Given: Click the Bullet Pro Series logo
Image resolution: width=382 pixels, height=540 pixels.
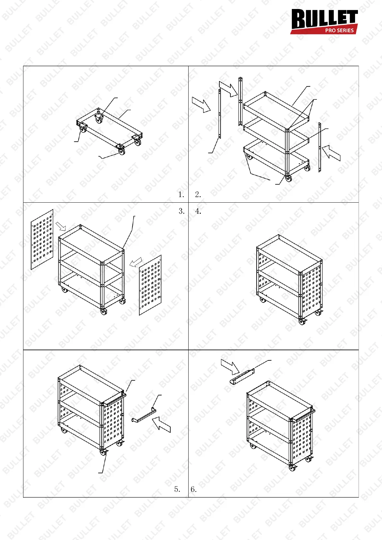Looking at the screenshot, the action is point(324,21).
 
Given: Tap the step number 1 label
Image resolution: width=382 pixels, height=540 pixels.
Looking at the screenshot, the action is point(181,194).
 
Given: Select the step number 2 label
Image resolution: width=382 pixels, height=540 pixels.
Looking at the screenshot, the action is point(198,194).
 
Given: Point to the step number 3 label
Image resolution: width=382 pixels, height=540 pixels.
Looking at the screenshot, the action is point(182,211).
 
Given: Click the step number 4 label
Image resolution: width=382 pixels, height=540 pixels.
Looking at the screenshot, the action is point(198,211).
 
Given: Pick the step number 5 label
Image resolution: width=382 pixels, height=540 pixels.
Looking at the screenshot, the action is point(177,489).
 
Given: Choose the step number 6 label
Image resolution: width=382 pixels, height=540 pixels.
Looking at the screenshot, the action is point(193,489).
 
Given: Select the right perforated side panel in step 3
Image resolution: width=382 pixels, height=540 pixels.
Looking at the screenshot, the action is point(150,285).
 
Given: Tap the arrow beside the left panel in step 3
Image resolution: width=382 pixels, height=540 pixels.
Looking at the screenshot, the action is point(61,226).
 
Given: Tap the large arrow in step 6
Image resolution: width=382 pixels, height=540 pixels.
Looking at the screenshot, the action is point(230,367).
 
